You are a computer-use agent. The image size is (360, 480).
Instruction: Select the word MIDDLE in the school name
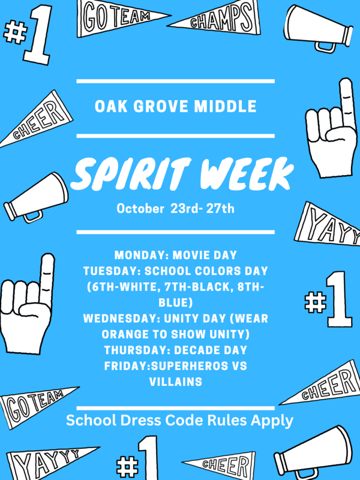[228, 107]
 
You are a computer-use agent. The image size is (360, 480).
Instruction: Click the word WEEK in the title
[243, 174]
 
